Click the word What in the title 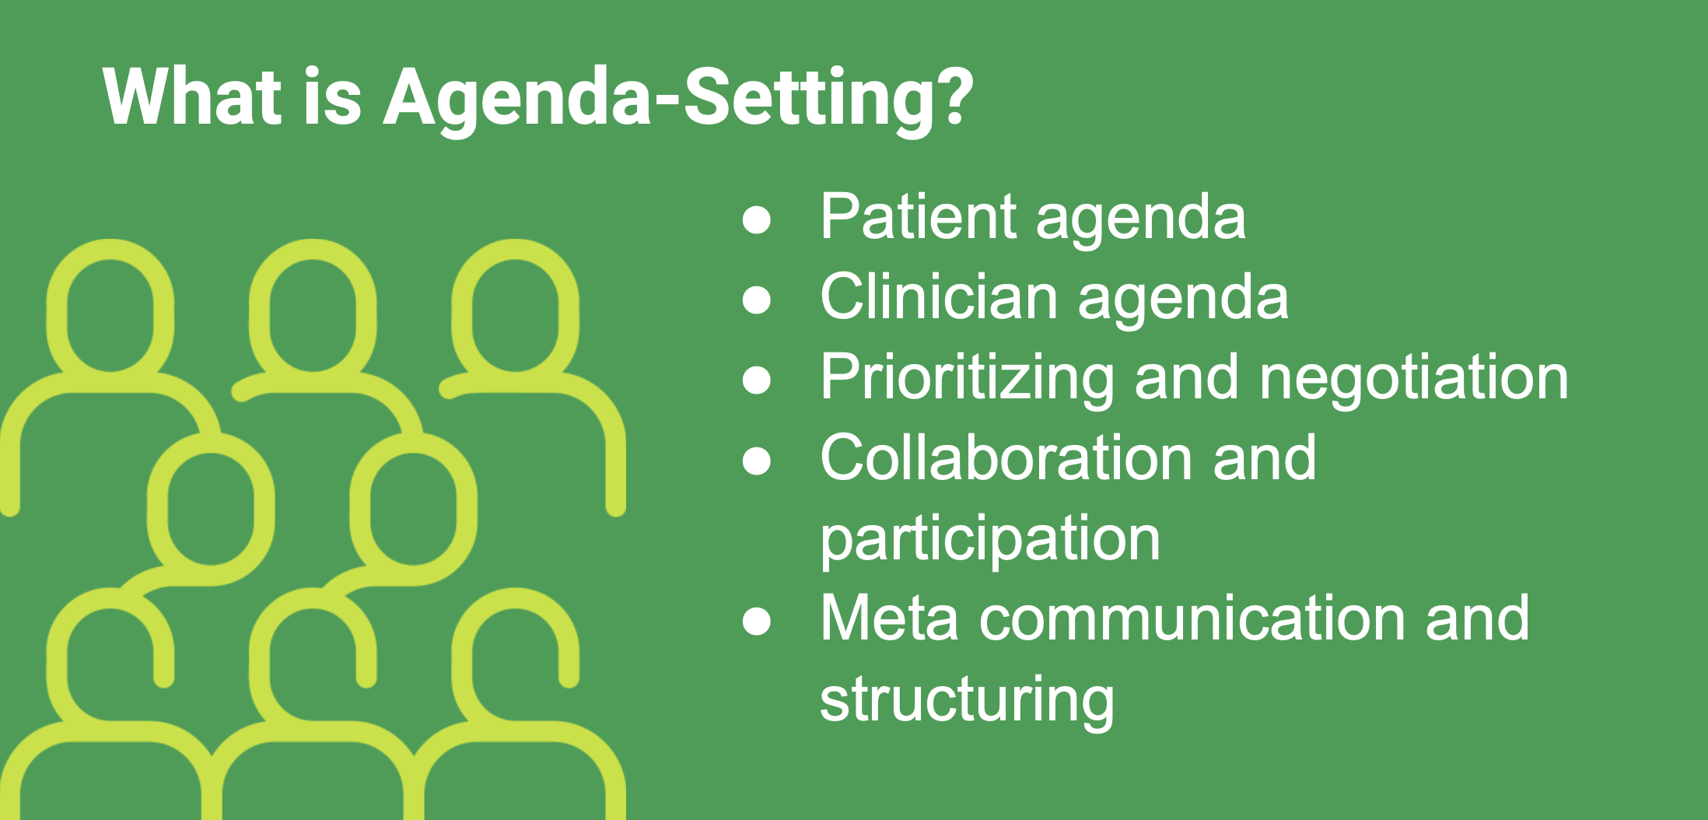(192, 96)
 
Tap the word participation (990, 539)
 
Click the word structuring (967, 699)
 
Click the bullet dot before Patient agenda (757, 219)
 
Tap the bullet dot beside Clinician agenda (757, 300)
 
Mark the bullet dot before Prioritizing (757, 380)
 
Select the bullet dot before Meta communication (757, 621)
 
